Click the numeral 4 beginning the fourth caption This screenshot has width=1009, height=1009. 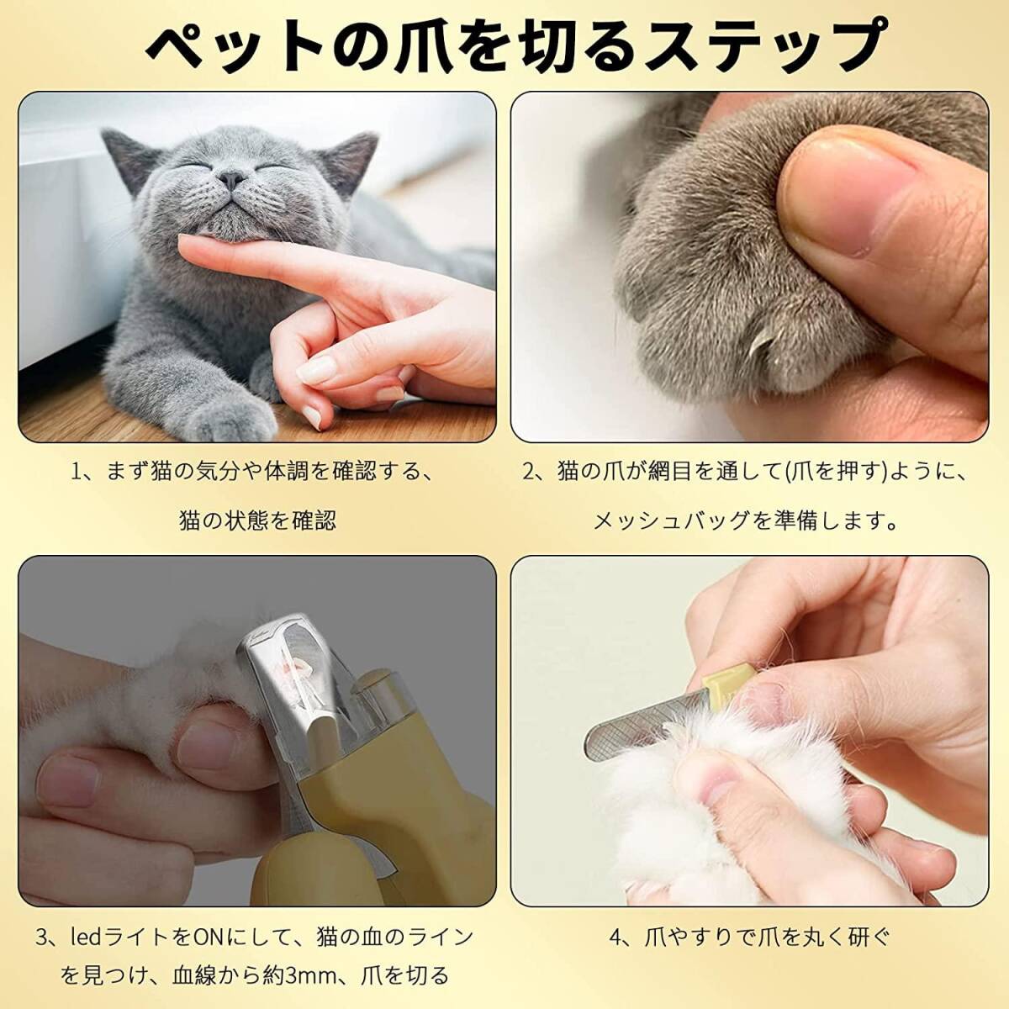[616, 923]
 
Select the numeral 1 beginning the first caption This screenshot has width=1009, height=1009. [77, 472]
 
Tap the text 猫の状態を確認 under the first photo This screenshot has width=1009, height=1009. [257, 521]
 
